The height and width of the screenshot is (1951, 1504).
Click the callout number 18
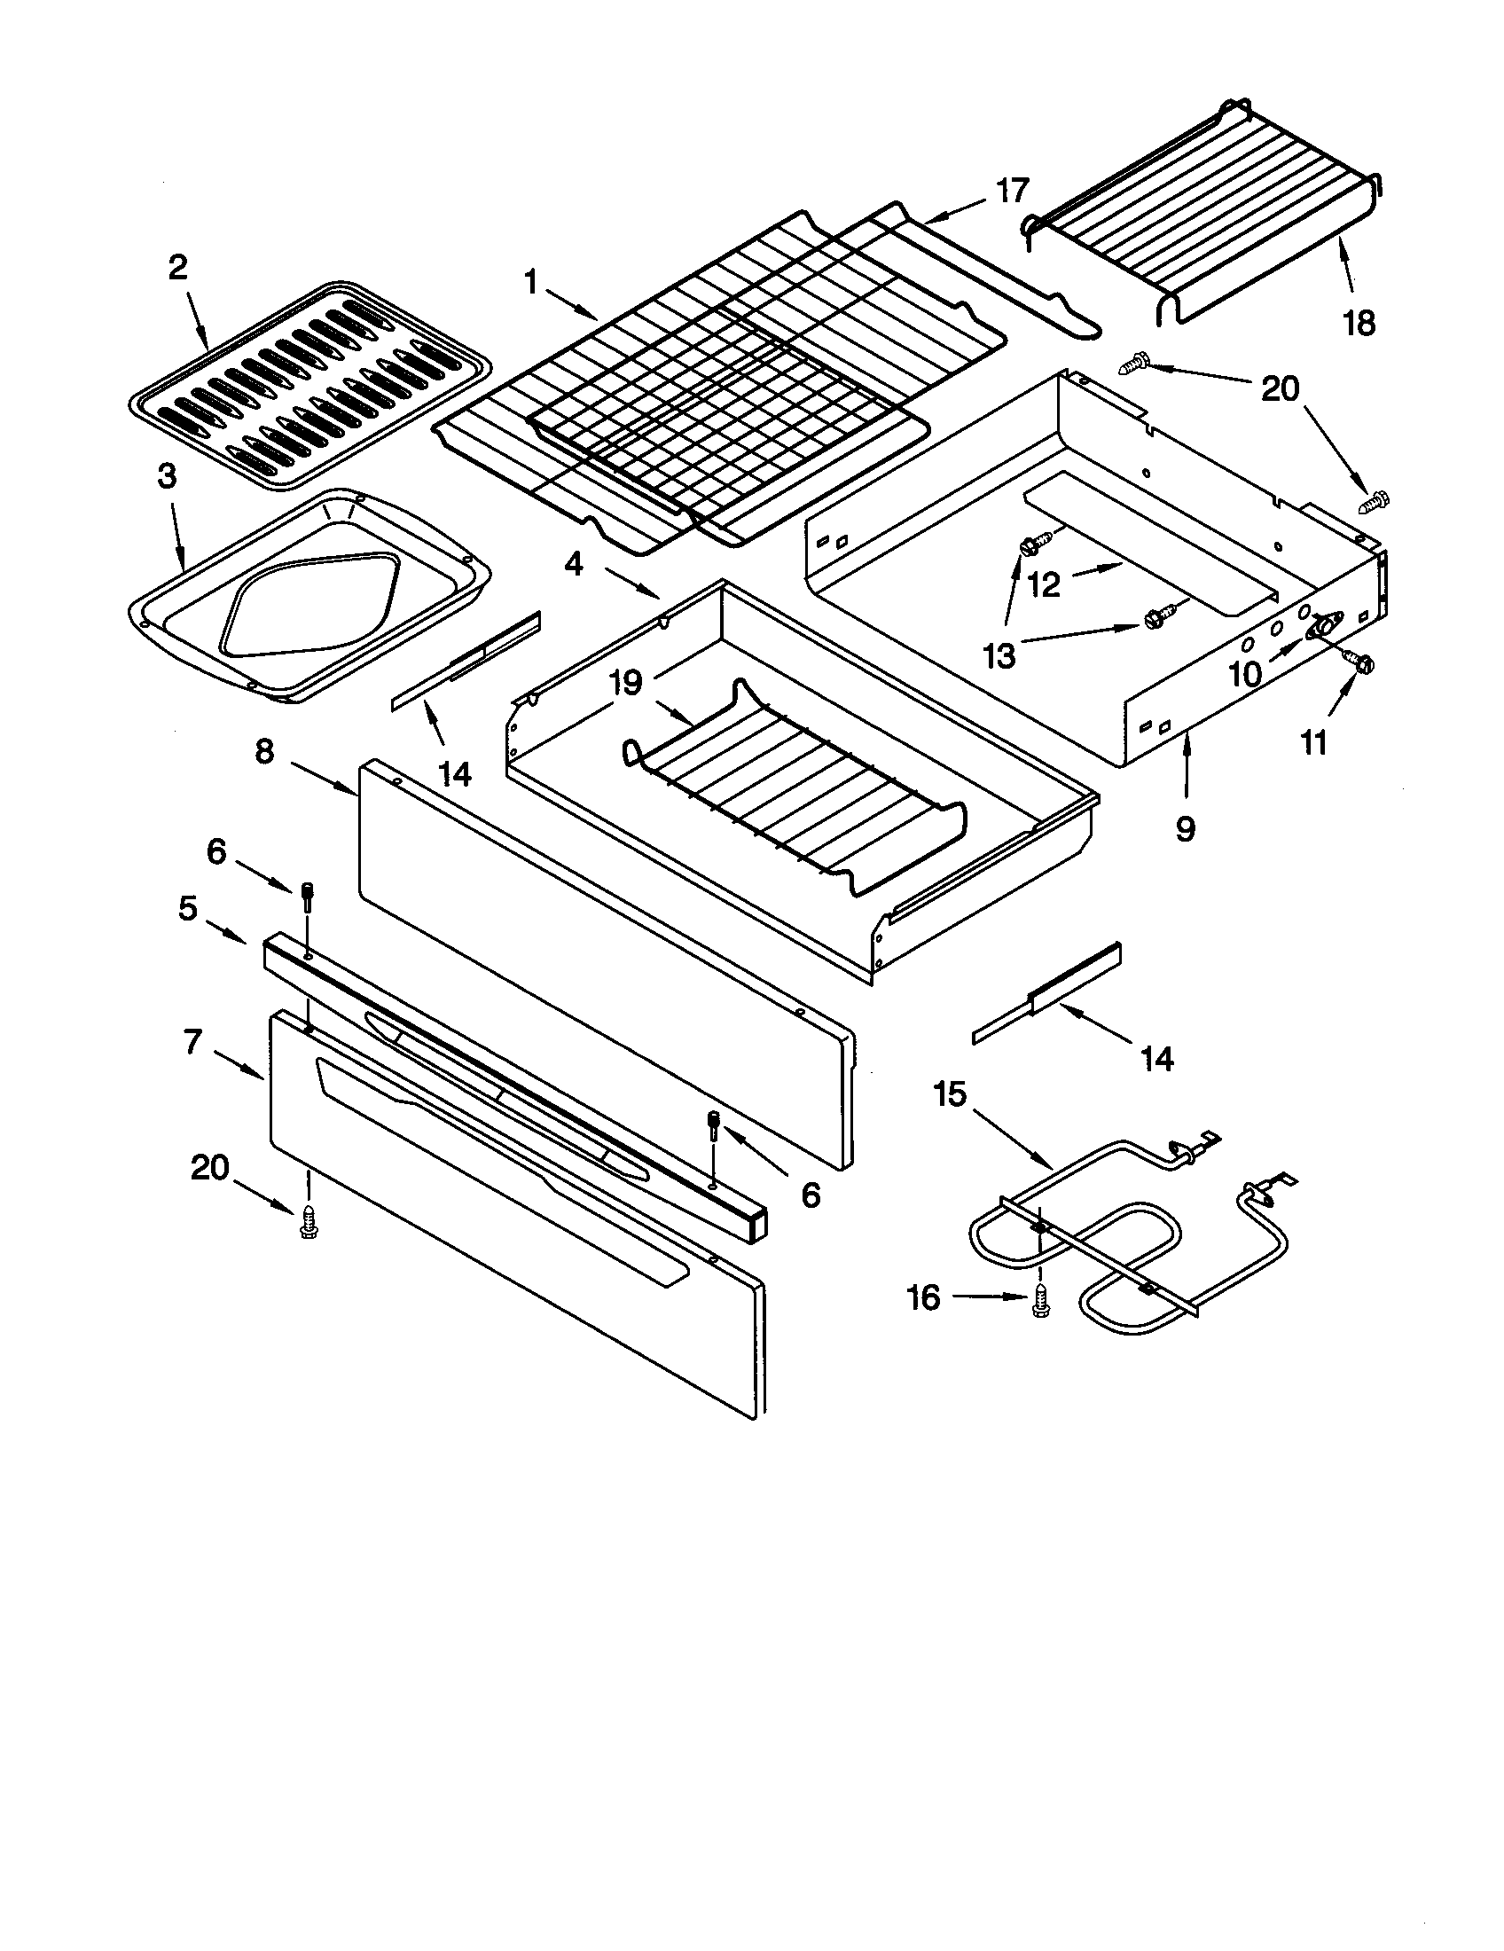tap(1359, 324)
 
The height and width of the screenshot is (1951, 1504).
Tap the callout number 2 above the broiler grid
tap(178, 267)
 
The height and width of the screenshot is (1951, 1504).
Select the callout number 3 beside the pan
tap(167, 477)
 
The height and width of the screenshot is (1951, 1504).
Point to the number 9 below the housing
tap(1184, 829)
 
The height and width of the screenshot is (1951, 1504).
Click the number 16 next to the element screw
tap(923, 1297)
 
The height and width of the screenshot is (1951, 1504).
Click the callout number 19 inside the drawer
tap(626, 684)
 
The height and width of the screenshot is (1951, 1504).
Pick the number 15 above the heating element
tap(951, 1093)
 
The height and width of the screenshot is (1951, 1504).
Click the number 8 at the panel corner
tap(264, 751)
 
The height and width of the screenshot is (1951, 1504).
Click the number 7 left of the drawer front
tap(194, 1042)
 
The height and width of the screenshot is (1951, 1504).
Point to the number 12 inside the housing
tap(1043, 584)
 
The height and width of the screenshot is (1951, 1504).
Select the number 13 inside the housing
tap(999, 656)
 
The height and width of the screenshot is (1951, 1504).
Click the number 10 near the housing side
tap(1245, 674)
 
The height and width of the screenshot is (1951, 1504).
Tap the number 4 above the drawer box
tap(574, 564)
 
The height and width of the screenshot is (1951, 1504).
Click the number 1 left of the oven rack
tap(531, 283)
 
